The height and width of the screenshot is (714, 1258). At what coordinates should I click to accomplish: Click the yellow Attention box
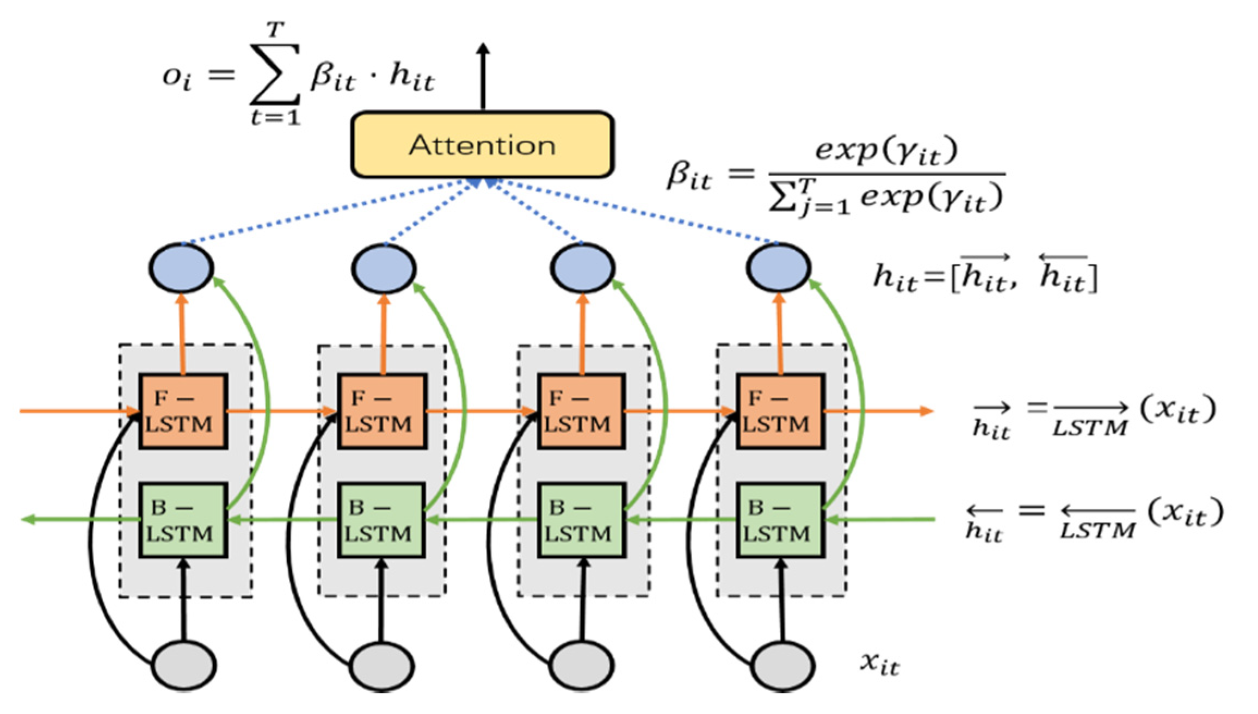(x=482, y=145)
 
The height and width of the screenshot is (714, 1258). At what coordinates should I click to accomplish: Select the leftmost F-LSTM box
(x=183, y=411)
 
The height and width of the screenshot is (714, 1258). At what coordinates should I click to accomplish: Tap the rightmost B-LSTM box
(x=780, y=520)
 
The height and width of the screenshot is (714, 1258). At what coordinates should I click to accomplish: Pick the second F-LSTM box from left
(x=381, y=411)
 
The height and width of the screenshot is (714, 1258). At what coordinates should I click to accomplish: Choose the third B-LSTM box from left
(x=581, y=520)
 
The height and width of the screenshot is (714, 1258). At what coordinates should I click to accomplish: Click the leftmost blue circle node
(x=181, y=268)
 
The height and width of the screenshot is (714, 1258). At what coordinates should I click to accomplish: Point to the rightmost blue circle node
(x=778, y=268)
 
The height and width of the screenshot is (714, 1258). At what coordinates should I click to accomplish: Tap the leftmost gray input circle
(x=184, y=666)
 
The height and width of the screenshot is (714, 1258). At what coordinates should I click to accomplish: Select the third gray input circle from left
(x=582, y=666)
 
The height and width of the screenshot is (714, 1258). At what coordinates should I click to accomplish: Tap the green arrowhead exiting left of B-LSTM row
(x=28, y=520)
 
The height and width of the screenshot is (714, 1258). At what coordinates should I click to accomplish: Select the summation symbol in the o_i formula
(x=275, y=75)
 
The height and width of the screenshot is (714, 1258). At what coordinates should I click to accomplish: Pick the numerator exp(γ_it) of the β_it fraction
(x=885, y=151)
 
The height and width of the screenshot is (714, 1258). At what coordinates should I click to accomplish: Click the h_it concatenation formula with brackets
(x=985, y=275)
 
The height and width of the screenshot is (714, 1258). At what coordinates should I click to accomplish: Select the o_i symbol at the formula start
(x=177, y=77)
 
